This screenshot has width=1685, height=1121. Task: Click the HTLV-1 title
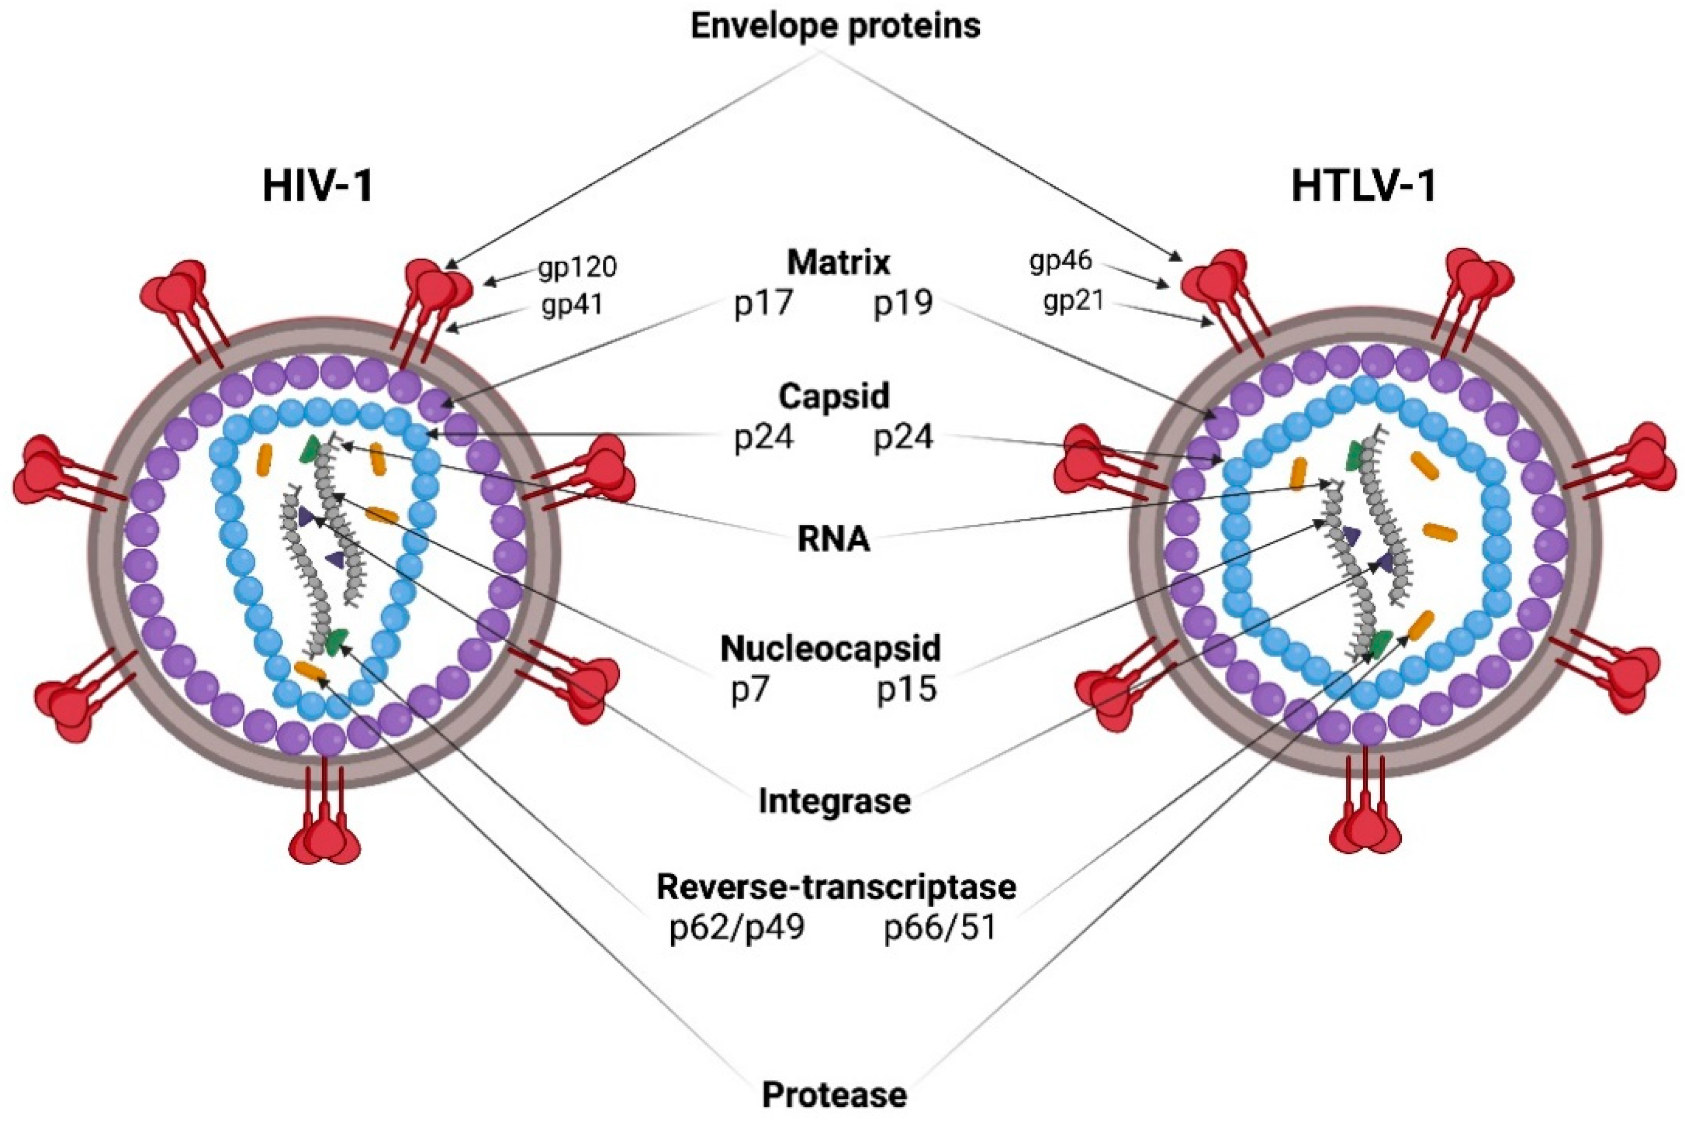coord(1363,188)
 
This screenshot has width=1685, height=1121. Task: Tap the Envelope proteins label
coord(835,27)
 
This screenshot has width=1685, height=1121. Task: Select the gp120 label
coord(578,267)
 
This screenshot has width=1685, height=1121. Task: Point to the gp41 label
coord(572,306)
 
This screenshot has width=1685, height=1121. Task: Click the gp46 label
coord(1061,261)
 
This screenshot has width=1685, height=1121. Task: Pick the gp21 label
coord(1073,302)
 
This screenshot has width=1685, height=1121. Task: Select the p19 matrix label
coord(903,303)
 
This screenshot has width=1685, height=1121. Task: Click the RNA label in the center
coord(834,541)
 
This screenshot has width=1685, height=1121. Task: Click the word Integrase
coord(834,802)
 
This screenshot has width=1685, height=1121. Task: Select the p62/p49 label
coord(736,928)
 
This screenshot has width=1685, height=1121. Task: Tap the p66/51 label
coord(940,928)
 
